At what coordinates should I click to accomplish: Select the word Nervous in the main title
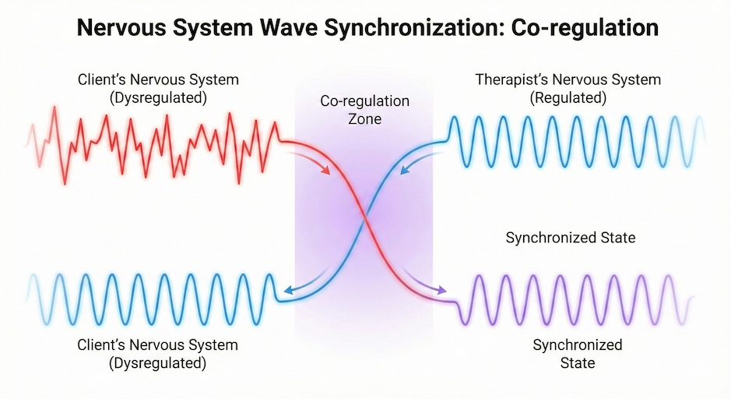pos(121,28)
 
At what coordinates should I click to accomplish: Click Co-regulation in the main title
pos(585,29)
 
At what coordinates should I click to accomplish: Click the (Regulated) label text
pos(568,98)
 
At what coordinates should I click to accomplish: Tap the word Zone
pos(364,119)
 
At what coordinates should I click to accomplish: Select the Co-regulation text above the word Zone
pos(364,101)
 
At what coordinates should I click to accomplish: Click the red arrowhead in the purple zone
pos(325,171)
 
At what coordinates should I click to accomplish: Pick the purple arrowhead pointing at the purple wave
pos(441,290)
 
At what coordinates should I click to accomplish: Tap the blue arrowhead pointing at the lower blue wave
pos(289,290)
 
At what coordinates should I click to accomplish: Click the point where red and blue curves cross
pos(364,217)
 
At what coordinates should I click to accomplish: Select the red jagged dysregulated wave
pos(154,146)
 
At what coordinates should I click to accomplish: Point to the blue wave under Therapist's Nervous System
pos(576,141)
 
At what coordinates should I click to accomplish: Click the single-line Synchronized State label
pos(571,238)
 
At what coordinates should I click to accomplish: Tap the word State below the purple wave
pos(578,363)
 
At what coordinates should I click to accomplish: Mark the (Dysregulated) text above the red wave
pos(158,98)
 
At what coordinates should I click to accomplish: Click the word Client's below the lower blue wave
pos(101,345)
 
